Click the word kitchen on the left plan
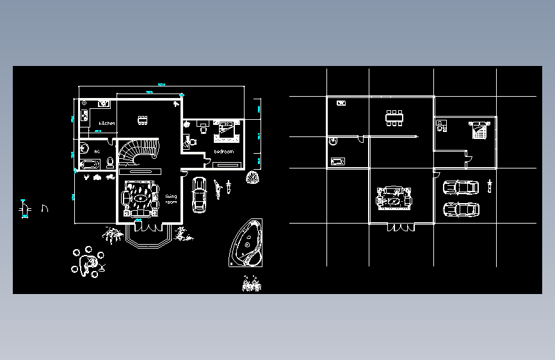(107, 123)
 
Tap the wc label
(97, 151)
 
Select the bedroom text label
(223, 152)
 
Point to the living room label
(171, 199)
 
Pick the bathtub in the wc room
(88, 165)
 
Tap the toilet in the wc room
(110, 161)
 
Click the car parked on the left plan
(199, 194)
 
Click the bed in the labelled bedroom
(227, 130)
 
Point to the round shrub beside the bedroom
(253, 177)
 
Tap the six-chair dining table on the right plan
(394, 117)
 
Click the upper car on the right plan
(460, 188)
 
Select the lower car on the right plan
(460, 209)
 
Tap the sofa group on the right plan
(394, 198)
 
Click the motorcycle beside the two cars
(490, 186)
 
